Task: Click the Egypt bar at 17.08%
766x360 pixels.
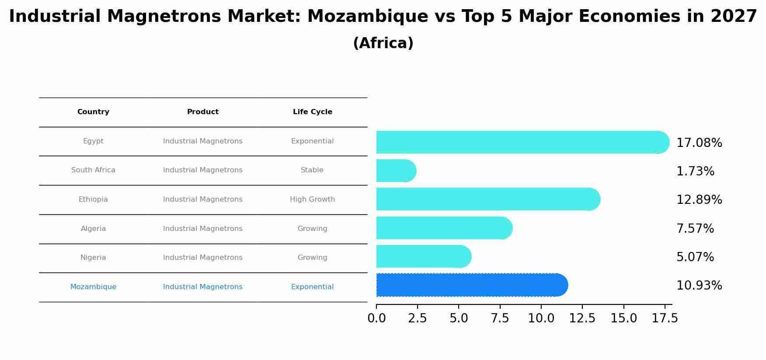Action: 520,142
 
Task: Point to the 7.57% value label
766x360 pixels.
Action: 695,229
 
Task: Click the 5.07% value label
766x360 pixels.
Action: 695,257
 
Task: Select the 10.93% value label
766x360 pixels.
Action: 699,286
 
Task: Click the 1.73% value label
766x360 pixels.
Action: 695,171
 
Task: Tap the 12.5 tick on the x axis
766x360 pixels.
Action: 582,318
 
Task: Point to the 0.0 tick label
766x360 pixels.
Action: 376,318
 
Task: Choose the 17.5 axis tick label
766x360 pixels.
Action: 665,318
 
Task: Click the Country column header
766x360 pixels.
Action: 93,112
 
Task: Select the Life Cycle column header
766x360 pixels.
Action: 312,112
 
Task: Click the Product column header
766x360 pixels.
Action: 202,112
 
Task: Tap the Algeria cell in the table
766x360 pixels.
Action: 93,229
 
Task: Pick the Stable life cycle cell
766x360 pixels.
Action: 312,170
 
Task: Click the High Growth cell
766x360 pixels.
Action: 312,199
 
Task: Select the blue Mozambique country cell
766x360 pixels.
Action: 93,287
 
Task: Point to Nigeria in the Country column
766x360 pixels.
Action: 93,258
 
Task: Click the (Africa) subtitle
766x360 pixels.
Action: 383,43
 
